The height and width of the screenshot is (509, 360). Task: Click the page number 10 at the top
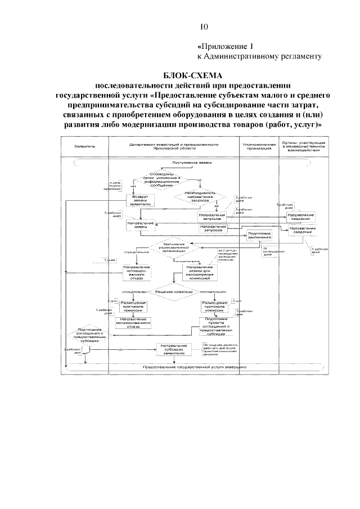204,26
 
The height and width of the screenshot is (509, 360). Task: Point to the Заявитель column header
82,146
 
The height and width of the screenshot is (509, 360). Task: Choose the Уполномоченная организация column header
259,146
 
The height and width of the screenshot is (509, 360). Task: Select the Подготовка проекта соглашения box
215,325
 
